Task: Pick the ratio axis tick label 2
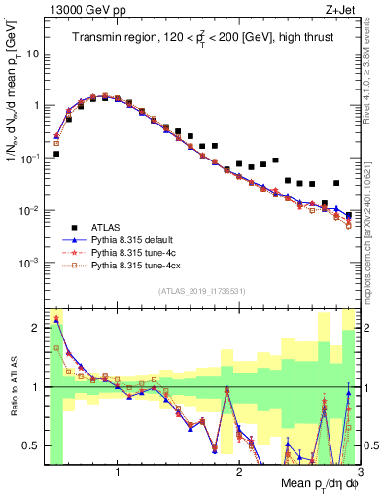pyautogui.click(x=36, y=328)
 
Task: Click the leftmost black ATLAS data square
pyautogui.click(x=56, y=154)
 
